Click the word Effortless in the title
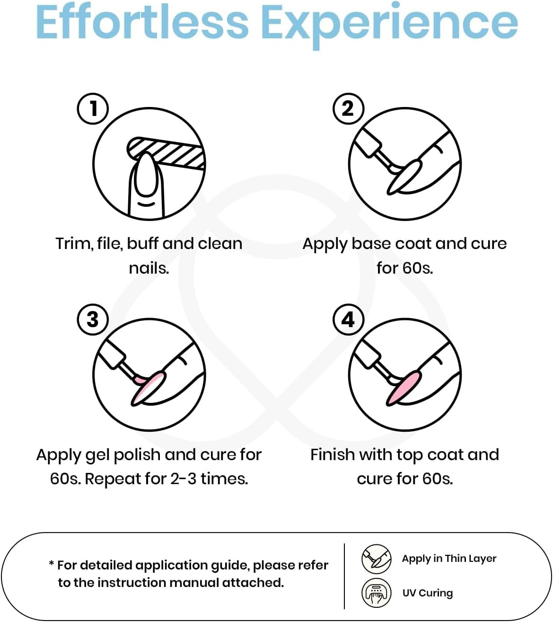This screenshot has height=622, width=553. [x=142, y=22]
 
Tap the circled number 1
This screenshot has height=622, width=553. [x=93, y=109]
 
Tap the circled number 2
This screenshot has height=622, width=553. [x=348, y=109]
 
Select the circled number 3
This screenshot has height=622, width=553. [x=93, y=320]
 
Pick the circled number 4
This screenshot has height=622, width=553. [x=348, y=320]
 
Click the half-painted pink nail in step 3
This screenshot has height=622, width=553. [x=149, y=388]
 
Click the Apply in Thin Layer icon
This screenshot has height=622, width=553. [x=377, y=559]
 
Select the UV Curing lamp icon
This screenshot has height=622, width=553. [x=377, y=593]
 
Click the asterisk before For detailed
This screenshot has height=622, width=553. [x=51, y=562]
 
